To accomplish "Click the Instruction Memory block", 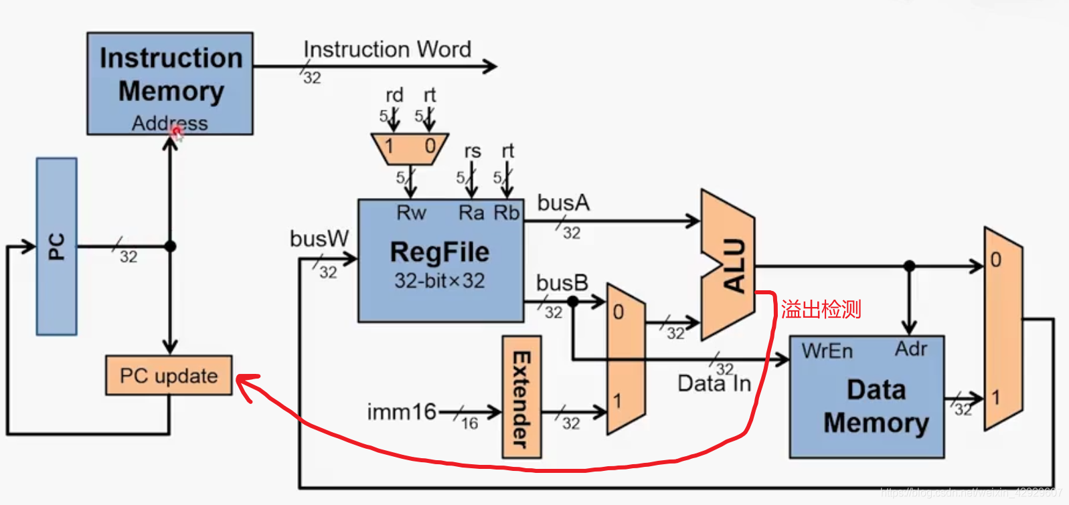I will [x=170, y=83].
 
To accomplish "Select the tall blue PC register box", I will [x=57, y=246].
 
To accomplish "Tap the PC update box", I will [x=169, y=375].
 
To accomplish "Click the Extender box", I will [x=521, y=397].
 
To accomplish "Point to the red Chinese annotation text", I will [x=821, y=309].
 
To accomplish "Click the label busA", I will [x=563, y=203].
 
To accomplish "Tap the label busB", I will [x=562, y=283].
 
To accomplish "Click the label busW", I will [x=319, y=239].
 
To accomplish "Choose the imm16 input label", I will [x=402, y=411].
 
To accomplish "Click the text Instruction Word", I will [x=387, y=49].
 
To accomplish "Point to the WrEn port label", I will [x=827, y=351].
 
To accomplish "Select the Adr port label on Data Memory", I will [x=911, y=348].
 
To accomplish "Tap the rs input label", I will [x=473, y=151].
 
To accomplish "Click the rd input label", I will [x=394, y=95].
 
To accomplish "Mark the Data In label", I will [x=714, y=384].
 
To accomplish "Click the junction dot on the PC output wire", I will [x=171, y=246].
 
